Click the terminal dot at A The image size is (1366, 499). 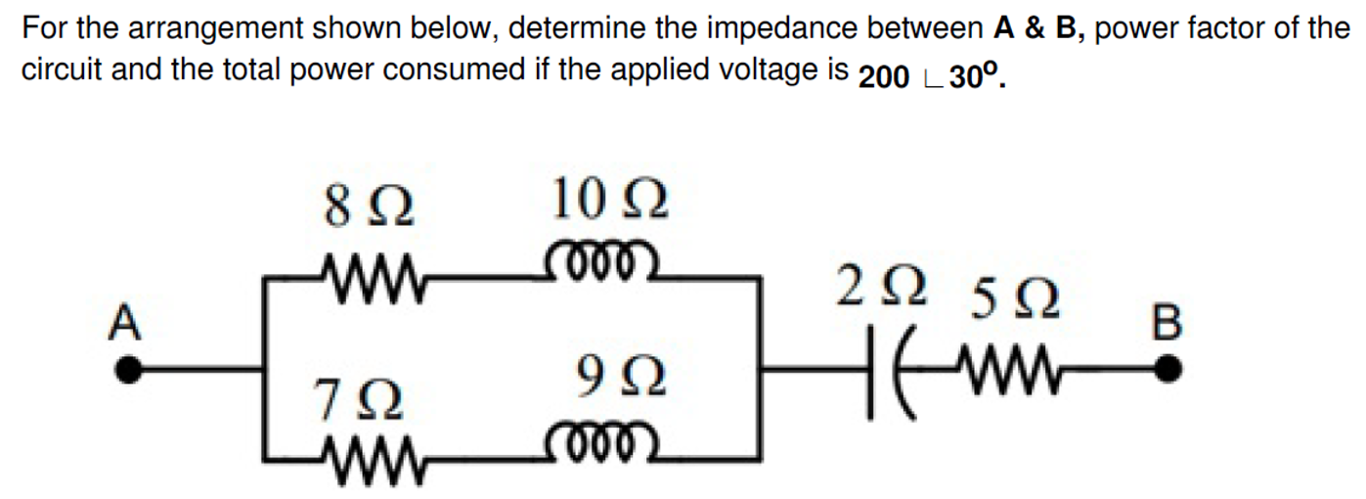click(128, 370)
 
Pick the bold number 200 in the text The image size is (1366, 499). click(885, 78)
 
